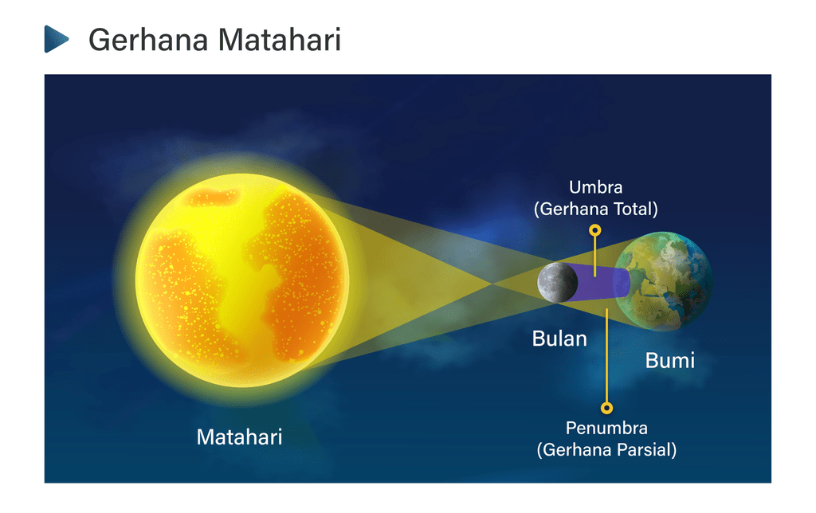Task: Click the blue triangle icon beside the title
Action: tap(57, 39)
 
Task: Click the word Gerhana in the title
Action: tap(148, 40)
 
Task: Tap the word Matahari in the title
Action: tap(280, 40)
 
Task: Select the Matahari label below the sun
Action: tap(239, 437)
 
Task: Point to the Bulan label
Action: tap(559, 339)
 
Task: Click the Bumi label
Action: tap(669, 361)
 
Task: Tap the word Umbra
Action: tap(596, 187)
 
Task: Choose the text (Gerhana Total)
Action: tap(596, 210)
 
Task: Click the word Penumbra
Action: tap(606, 429)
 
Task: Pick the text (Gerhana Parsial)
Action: tap(606, 450)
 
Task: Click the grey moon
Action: tap(557, 283)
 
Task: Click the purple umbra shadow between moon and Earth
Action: tap(598, 283)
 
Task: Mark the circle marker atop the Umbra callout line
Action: tap(595, 230)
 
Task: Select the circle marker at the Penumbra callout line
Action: tap(606, 408)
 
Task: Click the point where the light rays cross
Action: tap(492, 284)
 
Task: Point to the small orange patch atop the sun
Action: tap(214, 198)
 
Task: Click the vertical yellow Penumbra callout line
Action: tap(606, 355)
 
